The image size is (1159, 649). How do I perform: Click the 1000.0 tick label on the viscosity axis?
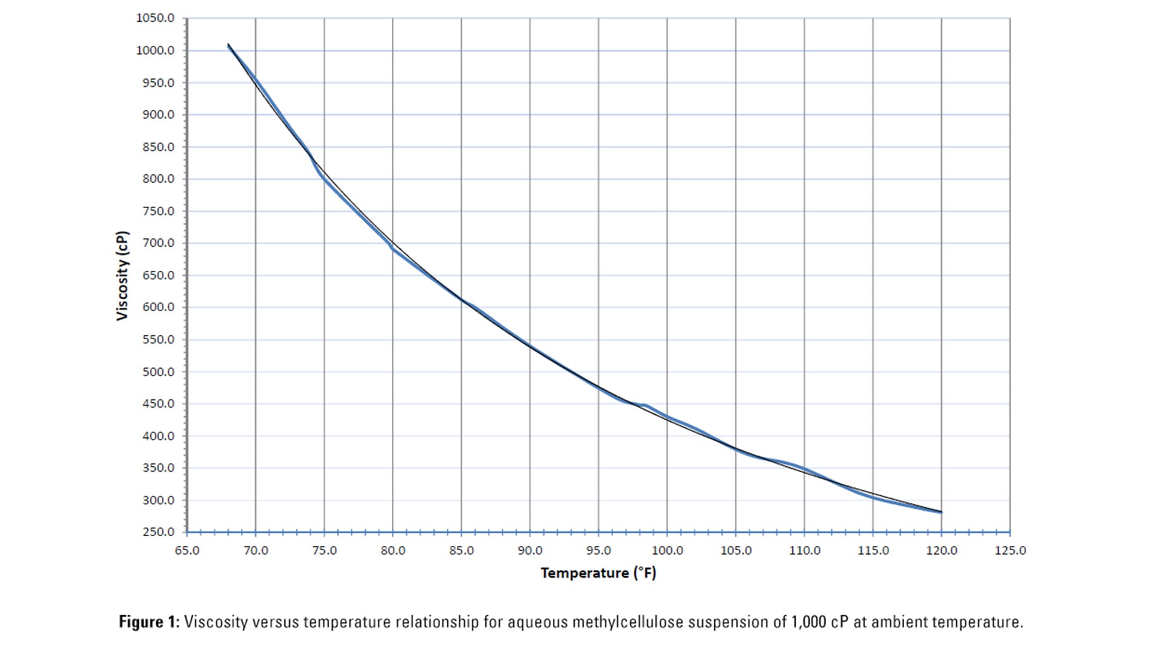click(x=155, y=51)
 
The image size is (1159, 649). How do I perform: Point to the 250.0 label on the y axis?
click(x=158, y=532)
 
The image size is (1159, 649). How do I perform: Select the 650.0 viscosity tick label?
click(x=158, y=276)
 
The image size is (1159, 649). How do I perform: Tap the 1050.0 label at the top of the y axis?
click(x=155, y=18)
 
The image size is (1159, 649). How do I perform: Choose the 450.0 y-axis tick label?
click(x=158, y=404)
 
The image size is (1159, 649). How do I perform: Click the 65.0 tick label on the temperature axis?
click(x=187, y=551)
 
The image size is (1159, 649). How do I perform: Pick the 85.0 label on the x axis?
click(x=461, y=551)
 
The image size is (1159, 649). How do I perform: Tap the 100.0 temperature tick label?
click(x=667, y=551)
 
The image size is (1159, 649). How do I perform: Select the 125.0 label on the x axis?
click(x=1010, y=551)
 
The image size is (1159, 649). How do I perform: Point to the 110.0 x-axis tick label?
click(x=804, y=551)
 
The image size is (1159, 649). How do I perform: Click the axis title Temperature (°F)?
click(x=598, y=573)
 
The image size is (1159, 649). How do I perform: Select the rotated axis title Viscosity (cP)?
click(x=123, y=276)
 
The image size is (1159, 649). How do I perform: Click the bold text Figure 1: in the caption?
click(x=149, y=622)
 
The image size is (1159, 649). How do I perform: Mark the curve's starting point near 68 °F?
click(x=228, y=45)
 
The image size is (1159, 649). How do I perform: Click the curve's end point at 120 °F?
click(x=941, y=512)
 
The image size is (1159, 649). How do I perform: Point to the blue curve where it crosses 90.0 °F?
click(x=530, y=346)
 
